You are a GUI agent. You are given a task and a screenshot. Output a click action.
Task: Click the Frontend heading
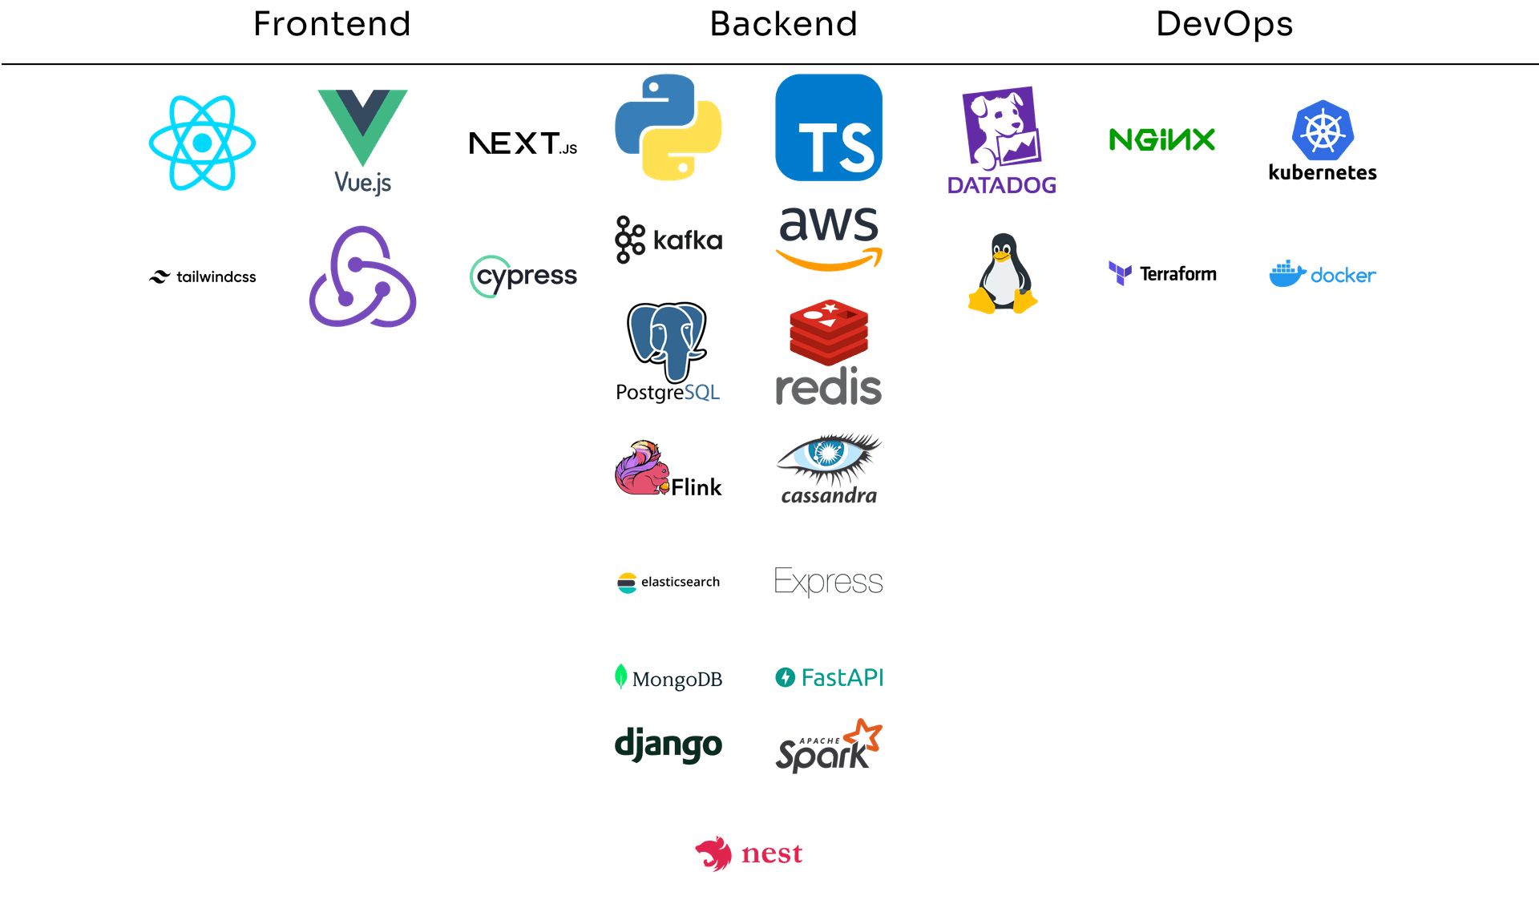(332, 24)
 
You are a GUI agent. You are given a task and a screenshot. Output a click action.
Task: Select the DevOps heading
(1224, 24)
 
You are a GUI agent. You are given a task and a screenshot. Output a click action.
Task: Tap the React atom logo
(202, 143)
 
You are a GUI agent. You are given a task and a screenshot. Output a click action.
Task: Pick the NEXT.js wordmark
(523, 143)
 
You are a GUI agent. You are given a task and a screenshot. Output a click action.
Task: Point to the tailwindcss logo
(202, 276)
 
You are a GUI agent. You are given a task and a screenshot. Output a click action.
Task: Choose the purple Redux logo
(362, 276)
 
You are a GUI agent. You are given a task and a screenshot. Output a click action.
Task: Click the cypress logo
(523, 276)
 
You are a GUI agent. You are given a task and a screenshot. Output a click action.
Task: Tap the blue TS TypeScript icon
(828, 127)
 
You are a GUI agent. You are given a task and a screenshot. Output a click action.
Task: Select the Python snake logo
(668, 127)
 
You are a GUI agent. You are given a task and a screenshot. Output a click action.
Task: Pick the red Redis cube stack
(828, 331)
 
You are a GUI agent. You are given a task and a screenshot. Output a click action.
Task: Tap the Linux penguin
(1002, 274)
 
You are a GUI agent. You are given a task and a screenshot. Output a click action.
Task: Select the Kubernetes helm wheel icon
(1323, 130)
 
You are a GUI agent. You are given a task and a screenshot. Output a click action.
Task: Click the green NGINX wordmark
(1161, 139)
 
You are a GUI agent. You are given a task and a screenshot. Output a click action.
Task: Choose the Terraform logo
(1161, 274)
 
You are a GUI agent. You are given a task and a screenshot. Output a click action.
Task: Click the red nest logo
(748, 854)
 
